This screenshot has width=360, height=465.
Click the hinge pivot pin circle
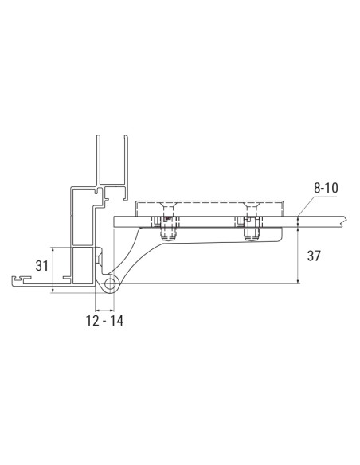click(108, 283)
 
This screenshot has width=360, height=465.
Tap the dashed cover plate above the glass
click(211, 206)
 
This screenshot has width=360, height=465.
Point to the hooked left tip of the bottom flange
click(16, 279)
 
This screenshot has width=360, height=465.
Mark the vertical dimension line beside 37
click(298, 255)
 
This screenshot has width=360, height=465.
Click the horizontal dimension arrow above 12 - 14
click(104, 308)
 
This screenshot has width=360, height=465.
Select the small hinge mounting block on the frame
click(98, 256)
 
